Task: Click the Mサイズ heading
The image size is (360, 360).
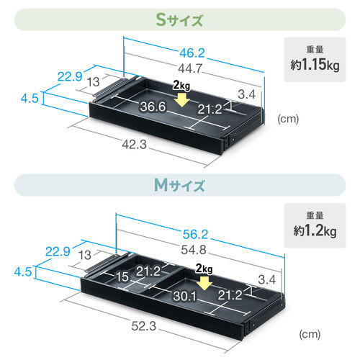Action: pos(180,185)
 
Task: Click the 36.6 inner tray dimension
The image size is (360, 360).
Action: pos(153,108)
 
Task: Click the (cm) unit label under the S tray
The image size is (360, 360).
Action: pos(288,120)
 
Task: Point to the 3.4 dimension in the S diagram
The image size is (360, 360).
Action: pos(246,94)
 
